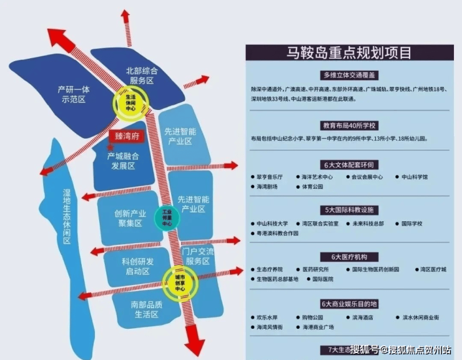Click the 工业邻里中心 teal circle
tap(167, 217)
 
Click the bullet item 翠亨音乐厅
tap(270, 177)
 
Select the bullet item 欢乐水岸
tap(267, 317)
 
